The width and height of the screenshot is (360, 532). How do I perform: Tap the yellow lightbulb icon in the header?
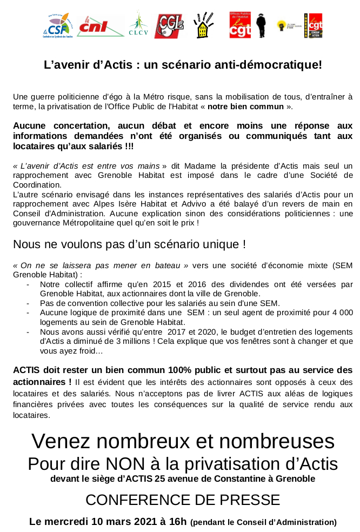[x=281, y=24]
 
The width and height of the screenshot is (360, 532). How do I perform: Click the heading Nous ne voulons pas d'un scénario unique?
[x=129, y=244]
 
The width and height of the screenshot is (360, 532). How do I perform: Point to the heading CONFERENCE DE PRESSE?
[x=183, y=500]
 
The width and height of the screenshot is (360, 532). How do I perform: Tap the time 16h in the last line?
[x=176, y=522]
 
